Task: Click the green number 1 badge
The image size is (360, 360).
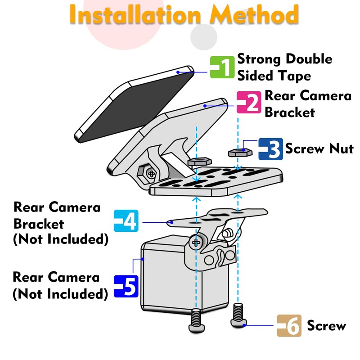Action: click(222, 67)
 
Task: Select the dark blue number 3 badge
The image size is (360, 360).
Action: click(270, 149)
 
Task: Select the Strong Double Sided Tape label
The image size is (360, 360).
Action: click(284, 67)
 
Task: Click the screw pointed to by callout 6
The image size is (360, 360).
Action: click(238, 316)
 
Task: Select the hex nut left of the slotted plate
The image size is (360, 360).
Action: click(197, 162)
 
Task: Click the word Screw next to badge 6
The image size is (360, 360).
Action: click(326, 326)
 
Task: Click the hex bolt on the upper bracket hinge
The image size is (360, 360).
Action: click(150, 172)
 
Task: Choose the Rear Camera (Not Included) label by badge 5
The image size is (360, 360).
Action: click(60, 285)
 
